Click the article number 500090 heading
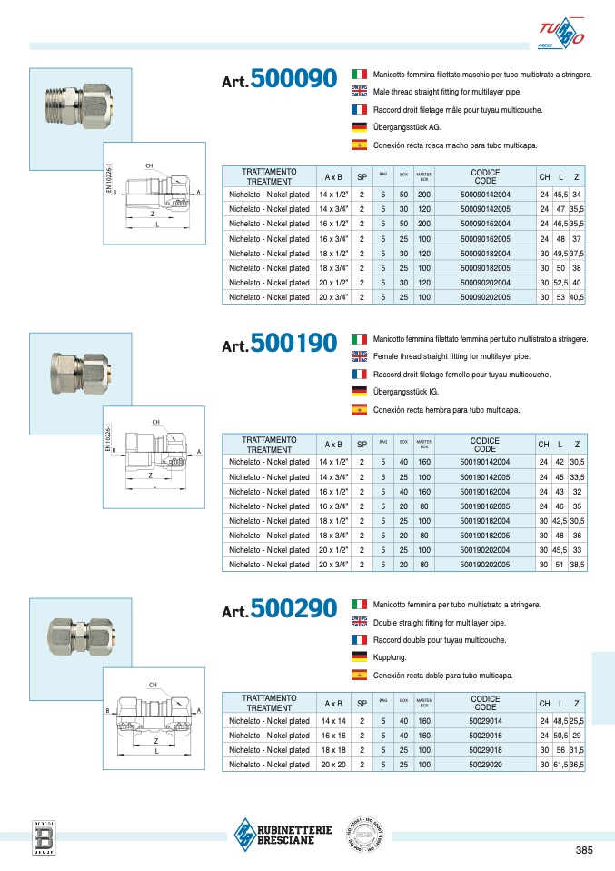pyautogui.click(x=280, y=81)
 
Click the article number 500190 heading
pyautogui.click(x=280, y=344)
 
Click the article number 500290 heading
pyautogui.click(x=280, y=608)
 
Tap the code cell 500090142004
pyautogui.click(x=485, y=195)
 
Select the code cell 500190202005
pyautogui.click(x=485, y=565)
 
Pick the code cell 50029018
pyautogui.click(x=485, y=750)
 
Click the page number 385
pyautogui.click(x=586, y=851)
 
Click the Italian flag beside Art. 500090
pyautogui.click(x=359, y=74)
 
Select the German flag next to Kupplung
pyautogui.click(x=359, y=657)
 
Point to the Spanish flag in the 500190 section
pyautogui.click(x=359, y=410)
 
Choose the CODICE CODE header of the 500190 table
pyautogui.click(x=485, y=445)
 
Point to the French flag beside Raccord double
pyautogui.click(x=359, y=640)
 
